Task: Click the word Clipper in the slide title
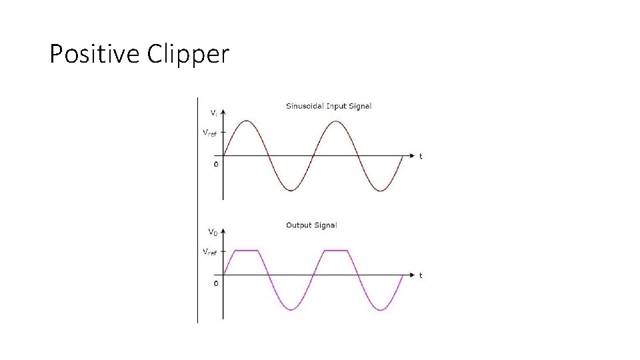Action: click(x=188, y=54)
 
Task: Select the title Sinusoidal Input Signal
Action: click(x=329, y=106)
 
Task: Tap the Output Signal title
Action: click(x=311, y=225)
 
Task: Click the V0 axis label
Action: click(x=213, y=232)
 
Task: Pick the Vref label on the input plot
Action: click(x=209, y=133)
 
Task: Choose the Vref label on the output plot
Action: click(x=209, y=252)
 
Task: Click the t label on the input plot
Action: click(x=420, y=156)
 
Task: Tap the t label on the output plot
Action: click(x=420, y=275)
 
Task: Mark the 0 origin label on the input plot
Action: click(x=215, y=165)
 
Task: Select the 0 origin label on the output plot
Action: click(x=215, y=284)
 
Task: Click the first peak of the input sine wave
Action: click(x=246, y=121)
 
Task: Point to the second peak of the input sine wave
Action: click(x=336, y=121)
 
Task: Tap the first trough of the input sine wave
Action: click(x=291, y=191)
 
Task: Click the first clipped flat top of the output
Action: click(x=246, y=251)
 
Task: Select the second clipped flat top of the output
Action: click(x=336, y=251)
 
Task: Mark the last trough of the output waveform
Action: click(x=381, y=309)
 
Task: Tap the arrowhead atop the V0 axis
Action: click(x=223, y=230)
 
